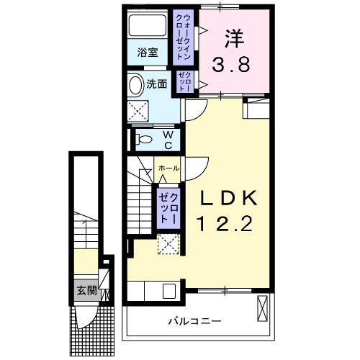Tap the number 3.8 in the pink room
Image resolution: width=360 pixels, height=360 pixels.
[x=230, y=66]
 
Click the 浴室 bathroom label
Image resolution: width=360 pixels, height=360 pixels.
[x=146, y=52]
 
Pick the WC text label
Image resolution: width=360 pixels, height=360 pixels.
[x=167, y=140]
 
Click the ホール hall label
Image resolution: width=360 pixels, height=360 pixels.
[x=168, y=168]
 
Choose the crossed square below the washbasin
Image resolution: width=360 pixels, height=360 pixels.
[x=138, y=112]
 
